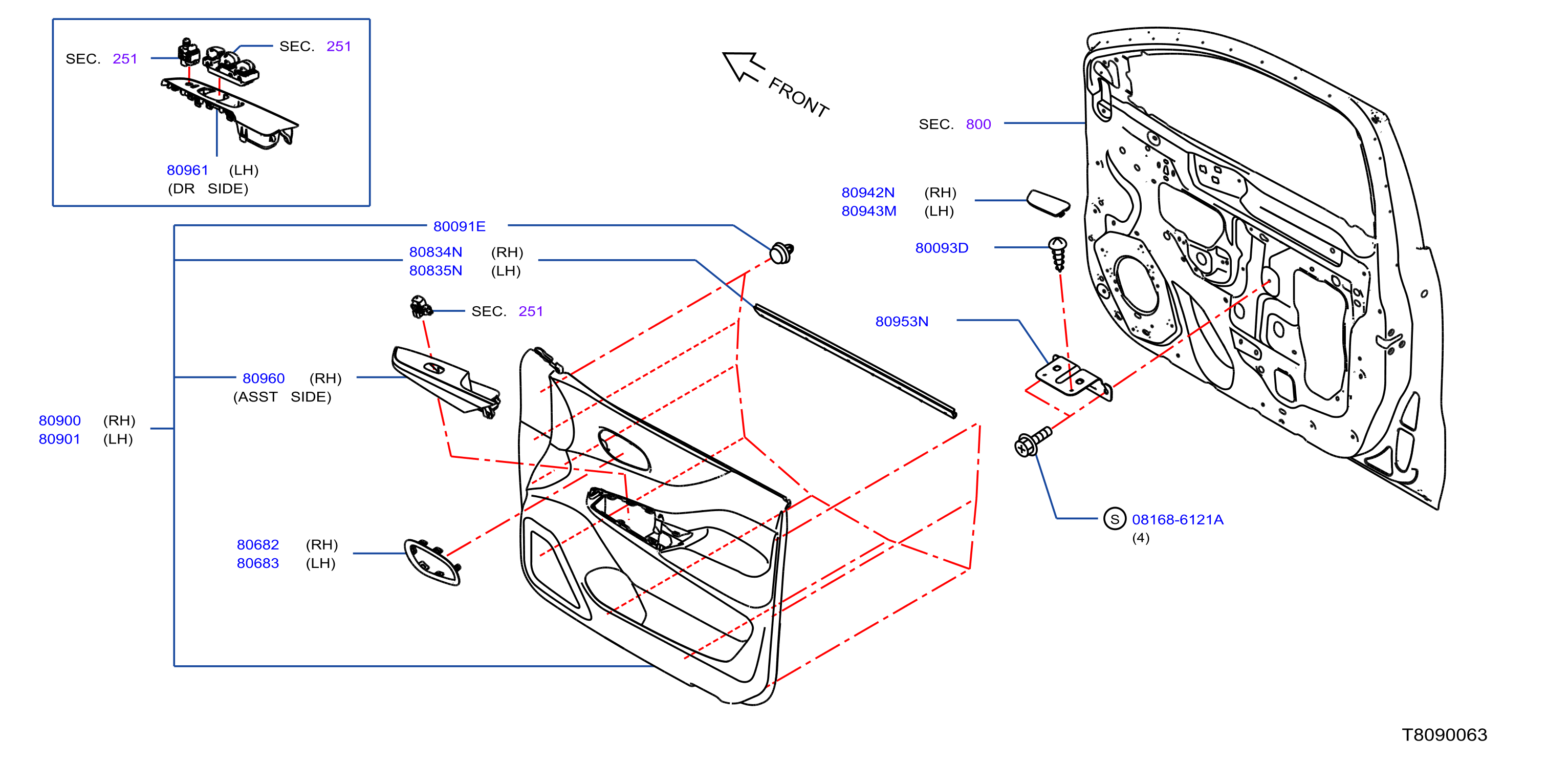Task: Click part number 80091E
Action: coord(459,226)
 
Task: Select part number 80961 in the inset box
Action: coord(187,170)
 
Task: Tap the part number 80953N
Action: coord(901,322)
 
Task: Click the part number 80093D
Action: coord(942,247)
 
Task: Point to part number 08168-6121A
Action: coord(1177,520)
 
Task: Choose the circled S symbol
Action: coord(1115,519)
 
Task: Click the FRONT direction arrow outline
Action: coord(744,66)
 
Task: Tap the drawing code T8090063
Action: coord(1444,735)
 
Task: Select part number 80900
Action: coord(59,420)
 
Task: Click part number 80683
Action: coord(257,563)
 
